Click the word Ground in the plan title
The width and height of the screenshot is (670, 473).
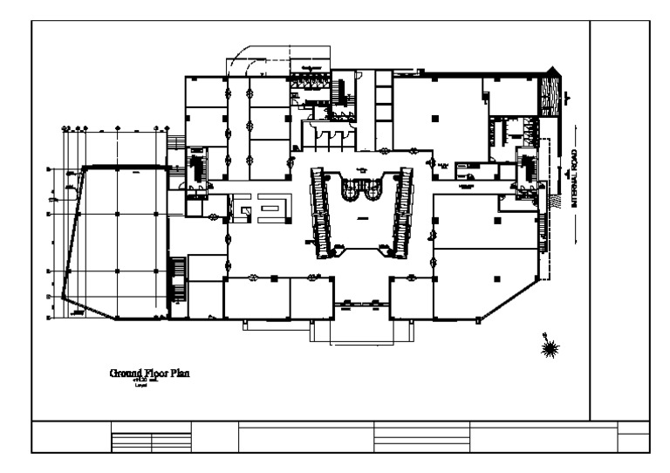127,374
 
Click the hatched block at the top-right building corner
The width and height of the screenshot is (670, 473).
550,93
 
